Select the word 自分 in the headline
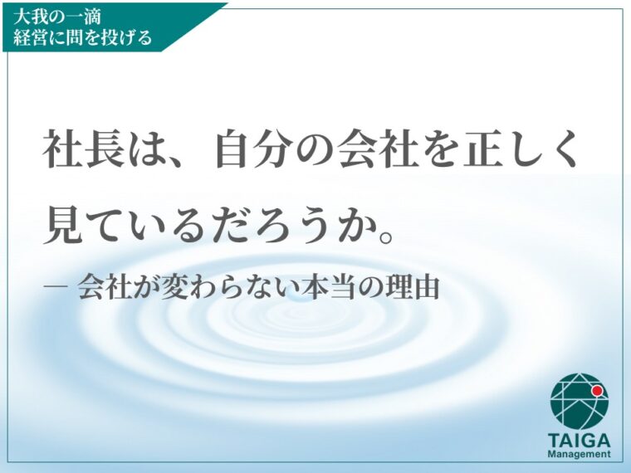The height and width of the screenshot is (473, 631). pos(256,149)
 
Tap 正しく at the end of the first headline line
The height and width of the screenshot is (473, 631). pos(521,149)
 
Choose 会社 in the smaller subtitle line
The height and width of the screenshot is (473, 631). pos(105,287)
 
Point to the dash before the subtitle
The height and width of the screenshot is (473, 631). pos(56,286)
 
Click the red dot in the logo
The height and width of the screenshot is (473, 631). pos(597,391)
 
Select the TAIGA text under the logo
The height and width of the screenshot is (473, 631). pos(579,441)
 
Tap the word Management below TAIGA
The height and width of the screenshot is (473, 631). pos(579,455)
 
